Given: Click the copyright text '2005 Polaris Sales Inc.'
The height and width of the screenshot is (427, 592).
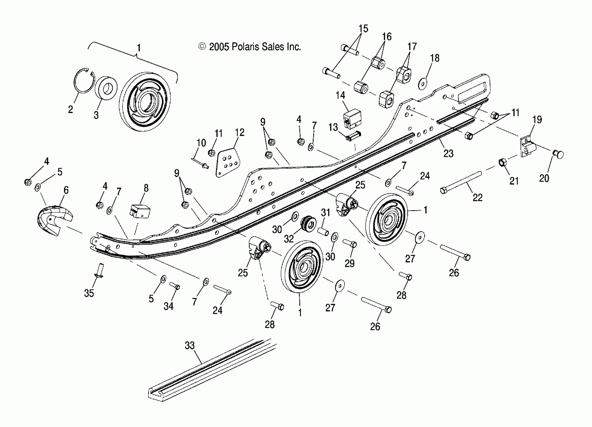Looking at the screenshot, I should [x=254, y=47].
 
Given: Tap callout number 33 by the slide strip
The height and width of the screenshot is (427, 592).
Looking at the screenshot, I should [x=190, y=345].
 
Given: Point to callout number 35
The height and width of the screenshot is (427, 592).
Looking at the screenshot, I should [x=89, y=293].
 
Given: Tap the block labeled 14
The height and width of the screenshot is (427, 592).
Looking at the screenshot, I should [x=352, y=119].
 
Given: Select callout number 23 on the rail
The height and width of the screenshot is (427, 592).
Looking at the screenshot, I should [x=448, y=153].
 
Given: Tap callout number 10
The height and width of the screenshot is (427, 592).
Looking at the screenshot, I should [x=201, y=143].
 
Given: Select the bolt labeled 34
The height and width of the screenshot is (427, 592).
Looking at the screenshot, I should [x=175, y=286].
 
